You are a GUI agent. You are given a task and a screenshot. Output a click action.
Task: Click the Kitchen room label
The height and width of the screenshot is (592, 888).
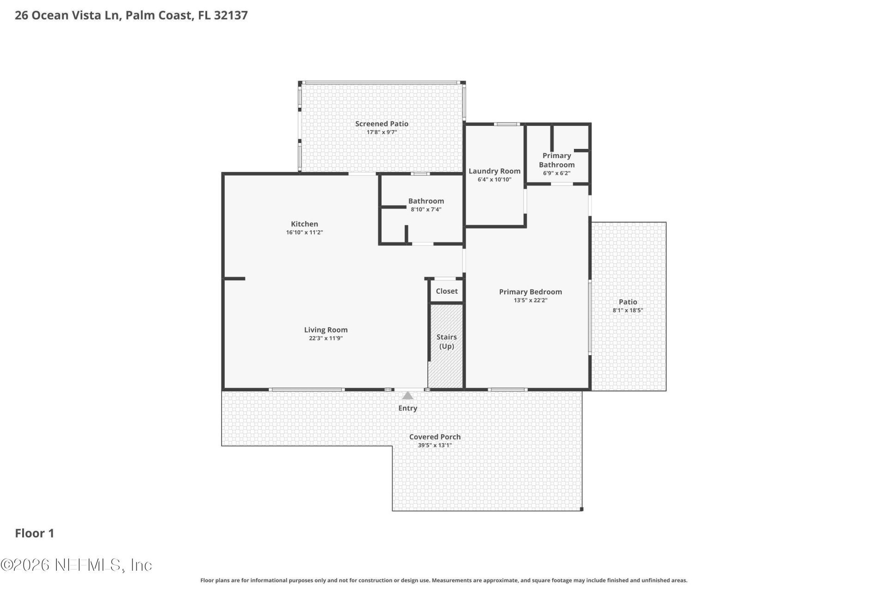coord(304,224)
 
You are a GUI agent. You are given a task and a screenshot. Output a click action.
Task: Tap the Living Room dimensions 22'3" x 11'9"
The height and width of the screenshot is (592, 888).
coord(326,338)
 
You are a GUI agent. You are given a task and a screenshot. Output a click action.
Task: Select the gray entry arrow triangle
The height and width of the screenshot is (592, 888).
coord(407,396)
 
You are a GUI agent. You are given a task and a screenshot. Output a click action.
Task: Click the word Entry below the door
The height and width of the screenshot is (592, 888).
coord(407,408)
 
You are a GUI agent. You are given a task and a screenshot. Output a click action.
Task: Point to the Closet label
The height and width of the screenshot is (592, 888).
coord(446,291)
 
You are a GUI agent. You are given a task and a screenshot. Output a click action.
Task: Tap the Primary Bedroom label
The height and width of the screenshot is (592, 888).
coord(530,292)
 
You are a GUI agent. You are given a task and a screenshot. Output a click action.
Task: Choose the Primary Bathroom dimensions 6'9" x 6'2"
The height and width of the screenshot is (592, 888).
coord(556,173)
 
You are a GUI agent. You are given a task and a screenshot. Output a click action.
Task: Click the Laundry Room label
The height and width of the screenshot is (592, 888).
coord(494,171)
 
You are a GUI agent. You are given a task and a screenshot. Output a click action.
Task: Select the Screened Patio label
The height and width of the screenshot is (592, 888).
coord(382,123)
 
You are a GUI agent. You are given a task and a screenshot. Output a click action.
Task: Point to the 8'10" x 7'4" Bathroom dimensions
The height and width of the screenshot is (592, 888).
coord(426,210)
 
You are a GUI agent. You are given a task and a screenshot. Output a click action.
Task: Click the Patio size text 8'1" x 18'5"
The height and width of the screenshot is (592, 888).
coord(628,310)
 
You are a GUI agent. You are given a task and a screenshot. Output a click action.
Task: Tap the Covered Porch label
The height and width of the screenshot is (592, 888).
coord(435,437)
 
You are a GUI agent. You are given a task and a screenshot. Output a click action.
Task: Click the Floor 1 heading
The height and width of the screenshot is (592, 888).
coord(35,533)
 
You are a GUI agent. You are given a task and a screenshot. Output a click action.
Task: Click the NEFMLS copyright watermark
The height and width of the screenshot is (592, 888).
coord(76,565)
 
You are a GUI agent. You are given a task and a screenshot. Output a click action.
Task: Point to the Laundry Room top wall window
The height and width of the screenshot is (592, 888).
coord(507,124)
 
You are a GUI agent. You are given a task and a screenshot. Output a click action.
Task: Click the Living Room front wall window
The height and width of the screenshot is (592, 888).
coord(307,390)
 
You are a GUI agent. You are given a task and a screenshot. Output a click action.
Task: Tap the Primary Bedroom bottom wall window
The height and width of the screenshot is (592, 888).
coord(508,390)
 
